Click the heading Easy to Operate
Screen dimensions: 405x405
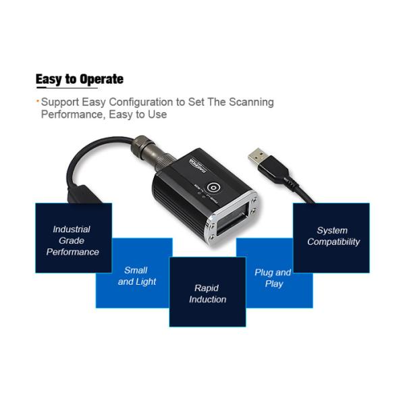pos(80,79)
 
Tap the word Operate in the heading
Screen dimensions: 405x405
pos(101,79)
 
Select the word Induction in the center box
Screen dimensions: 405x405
pos(207,299)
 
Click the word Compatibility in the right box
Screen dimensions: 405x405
pos(333,242)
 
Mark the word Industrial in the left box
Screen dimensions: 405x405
pos(72,230)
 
